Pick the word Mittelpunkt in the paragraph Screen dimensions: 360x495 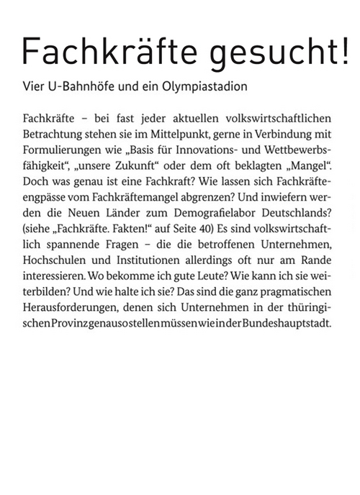pyautogui.click(x=202, y=132)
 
